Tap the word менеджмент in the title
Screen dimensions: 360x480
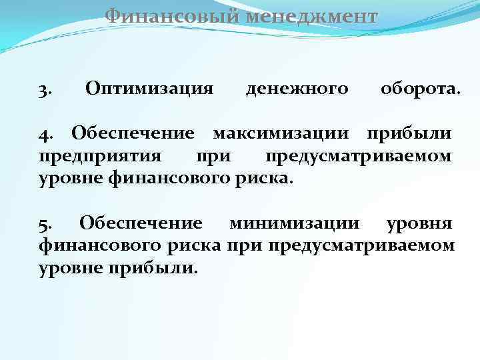pos(311,15)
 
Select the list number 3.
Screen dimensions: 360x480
pos(45,89)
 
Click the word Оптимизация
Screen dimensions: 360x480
pos(149,88)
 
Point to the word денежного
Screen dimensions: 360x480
pos(297,88)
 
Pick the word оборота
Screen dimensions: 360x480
pos(419,88)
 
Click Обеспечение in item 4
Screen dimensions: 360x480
pos(133,133)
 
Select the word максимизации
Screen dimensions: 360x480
pos(280,133)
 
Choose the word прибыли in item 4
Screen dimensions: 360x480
pos(409,133)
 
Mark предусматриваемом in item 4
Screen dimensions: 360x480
pos(359,157)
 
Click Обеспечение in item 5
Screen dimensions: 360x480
pos(140,222)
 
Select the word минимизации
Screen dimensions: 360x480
pos(294,222)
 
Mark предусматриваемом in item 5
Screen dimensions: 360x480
pos(361,245)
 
